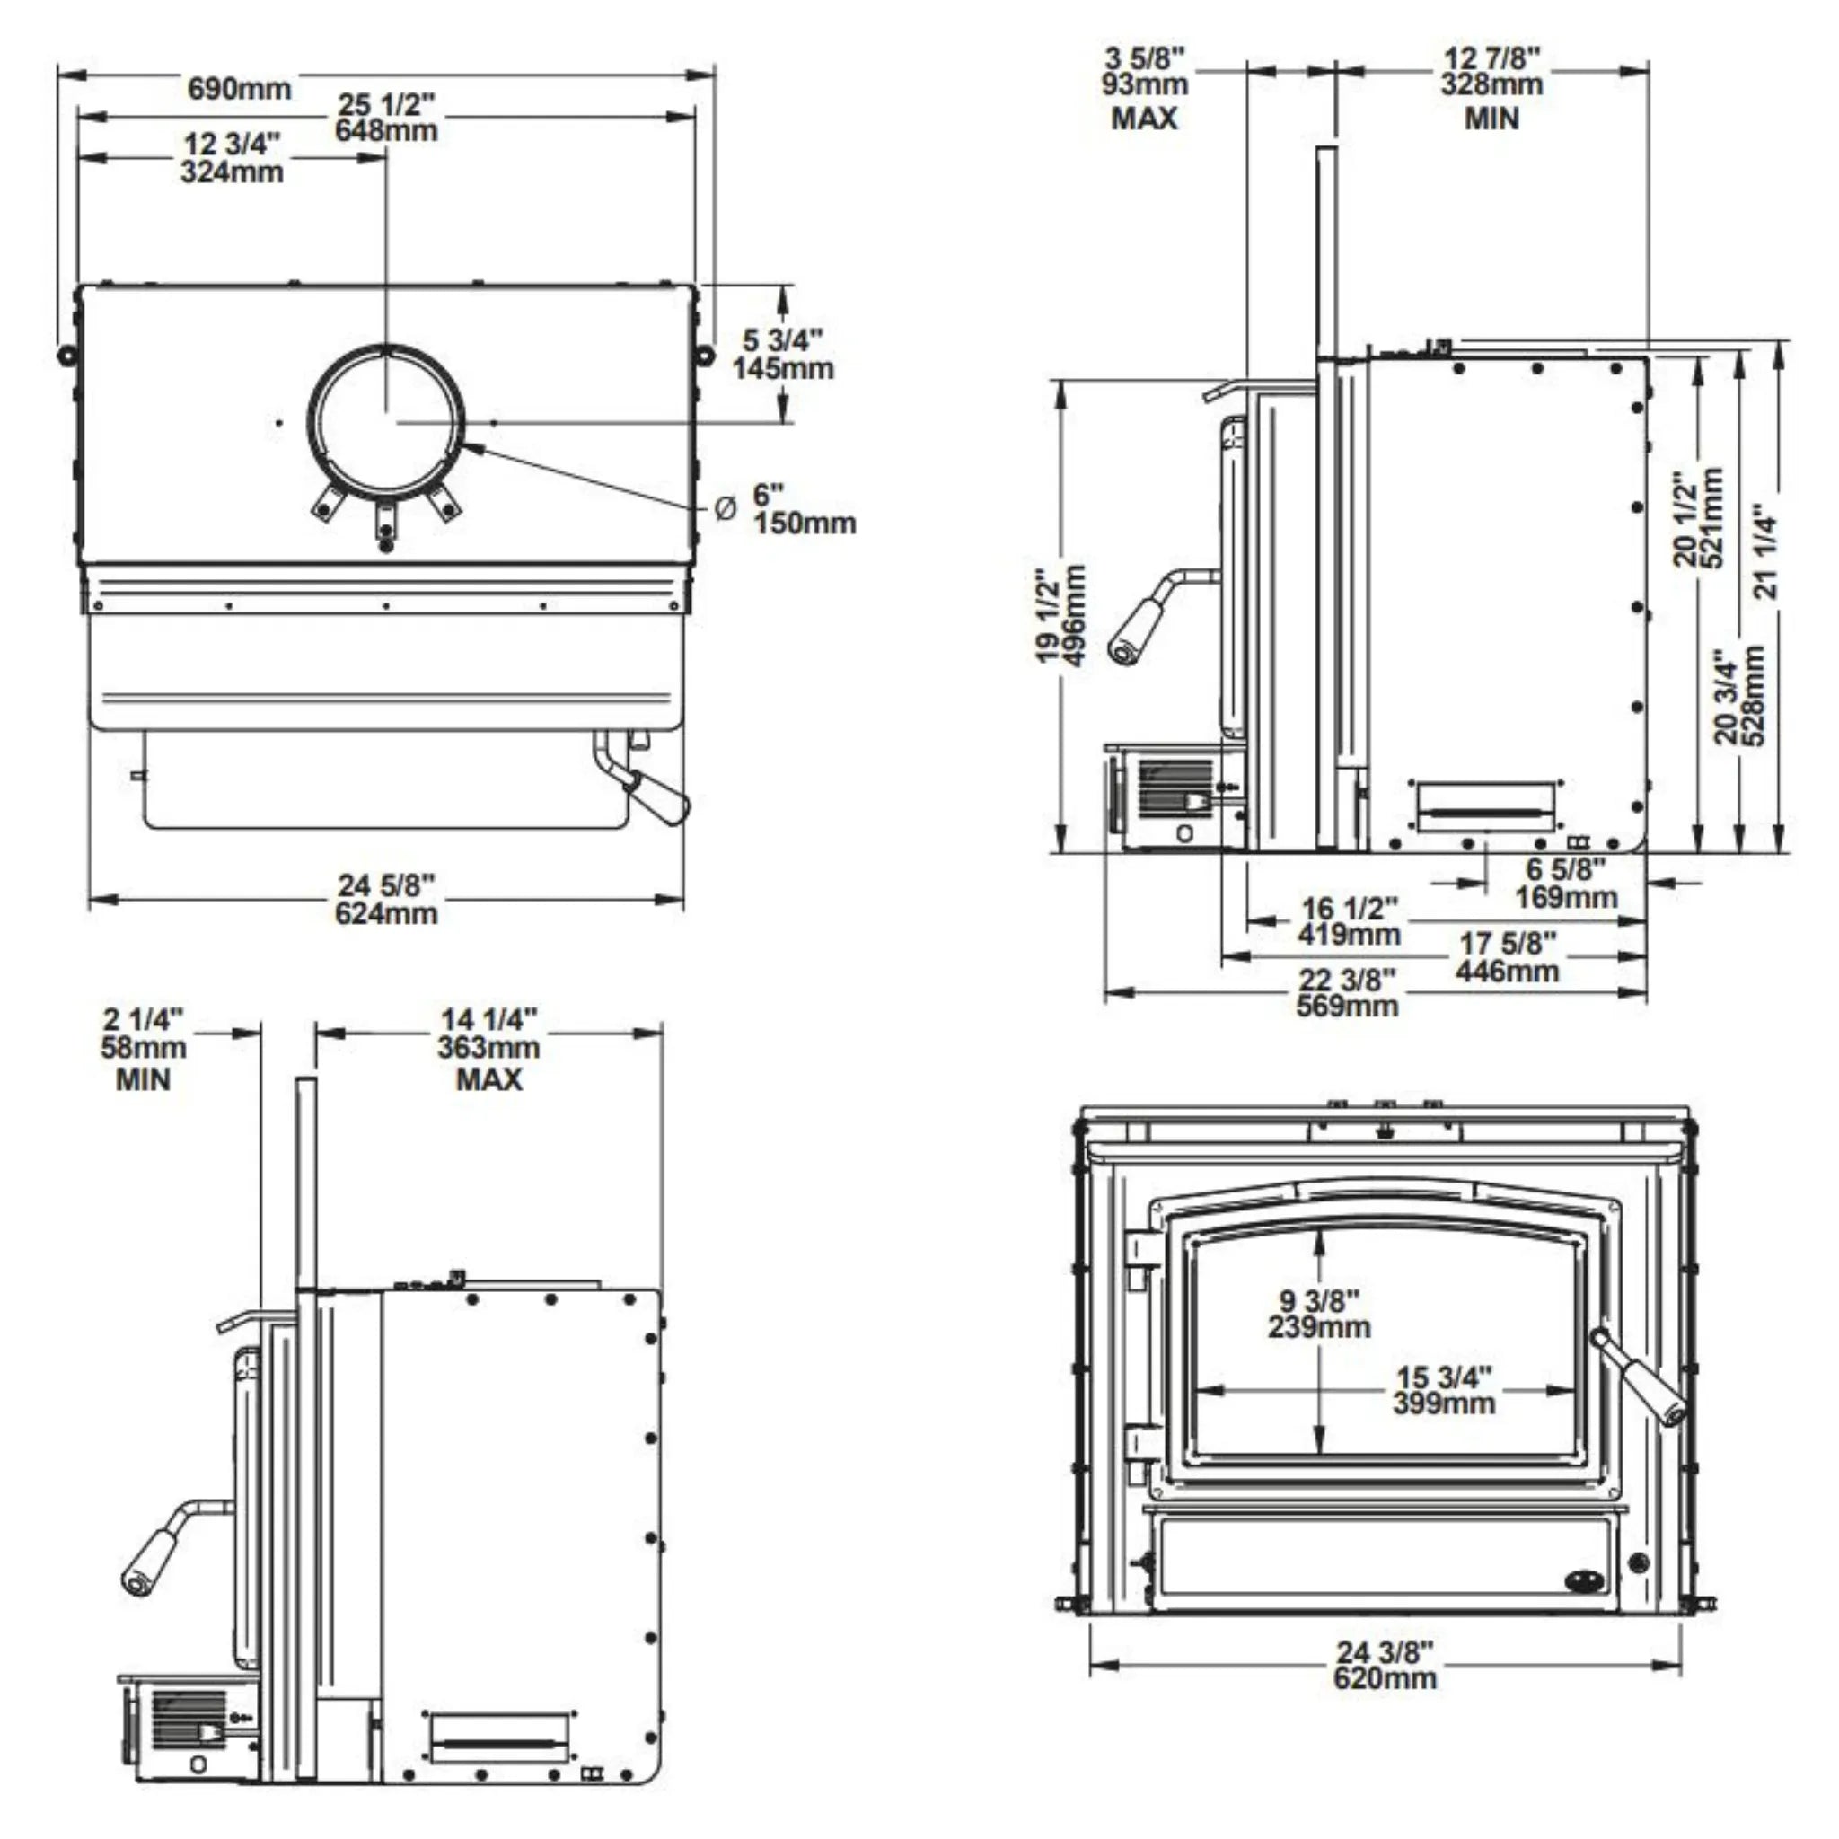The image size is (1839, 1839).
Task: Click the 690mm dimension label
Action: [x=239, y=89]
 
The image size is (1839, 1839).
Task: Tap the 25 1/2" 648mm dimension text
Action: [x=385, y=117]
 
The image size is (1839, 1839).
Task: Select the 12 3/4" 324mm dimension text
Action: [x=233, y=158]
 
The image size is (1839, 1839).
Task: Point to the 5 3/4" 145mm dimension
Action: [x=782, y=354]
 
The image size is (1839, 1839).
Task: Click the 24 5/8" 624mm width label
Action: [x=386, y=900]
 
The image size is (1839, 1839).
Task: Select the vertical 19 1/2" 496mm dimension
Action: [x=1060, y=616]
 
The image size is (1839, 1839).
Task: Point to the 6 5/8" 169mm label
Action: [x=1566, y=883]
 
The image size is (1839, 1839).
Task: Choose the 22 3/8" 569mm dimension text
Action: [x=1347, y=993]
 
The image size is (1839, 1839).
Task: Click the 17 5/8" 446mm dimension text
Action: [x=1508, y=956]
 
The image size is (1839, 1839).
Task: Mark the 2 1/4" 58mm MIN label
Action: [x=143, y=1049]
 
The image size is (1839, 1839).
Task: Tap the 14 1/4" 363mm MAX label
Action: [x=488, y=1049]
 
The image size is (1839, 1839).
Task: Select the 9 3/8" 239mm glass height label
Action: [x=1319, y=1314]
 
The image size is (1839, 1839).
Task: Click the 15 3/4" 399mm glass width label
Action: [x=1444, y=1390]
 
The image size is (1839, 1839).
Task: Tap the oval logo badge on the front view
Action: [x=1583, y=1581]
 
